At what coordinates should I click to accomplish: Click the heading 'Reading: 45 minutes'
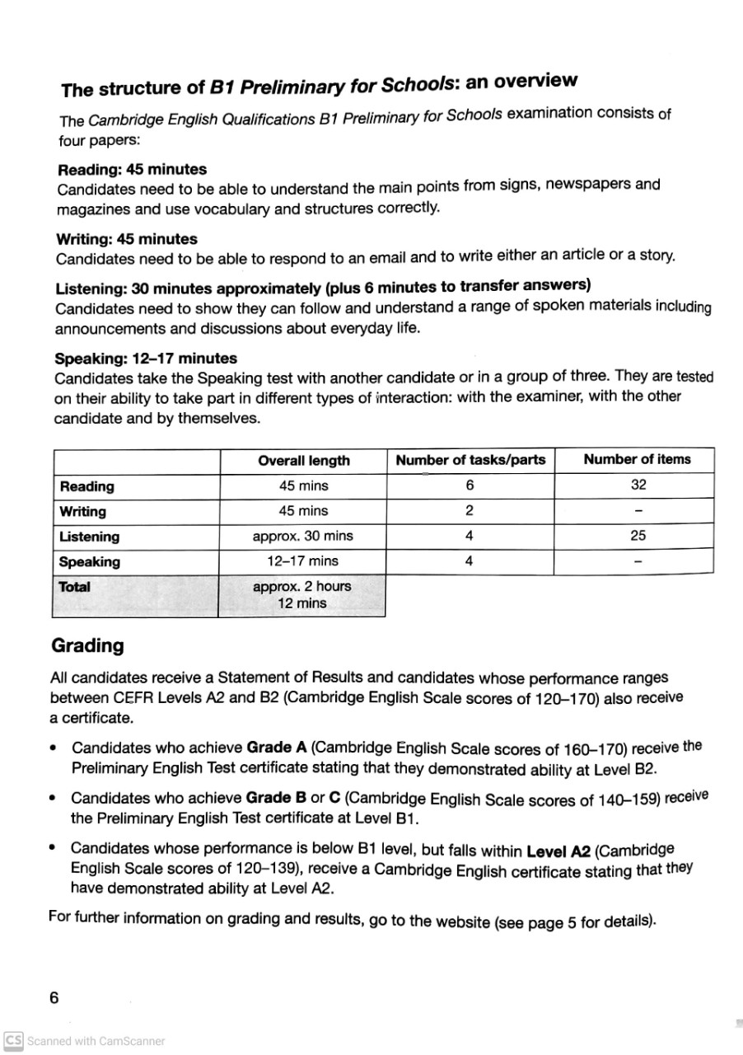[132, 170]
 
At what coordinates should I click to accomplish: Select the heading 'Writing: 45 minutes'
[127, 240]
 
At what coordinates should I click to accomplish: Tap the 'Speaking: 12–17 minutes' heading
[145, 359]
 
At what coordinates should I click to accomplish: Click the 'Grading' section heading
[86, 645]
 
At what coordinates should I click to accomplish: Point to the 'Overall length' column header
[303, 461]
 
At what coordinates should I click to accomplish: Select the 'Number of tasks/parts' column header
[470, 460]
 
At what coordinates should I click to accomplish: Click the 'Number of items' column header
[637, 459]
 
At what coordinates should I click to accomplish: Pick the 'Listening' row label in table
[89, 537]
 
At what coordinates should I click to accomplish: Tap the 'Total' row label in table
[75, 588]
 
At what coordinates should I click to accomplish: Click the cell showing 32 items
[638, 485]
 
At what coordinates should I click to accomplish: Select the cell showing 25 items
[638, 536]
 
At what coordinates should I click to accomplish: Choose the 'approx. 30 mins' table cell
[302, 536]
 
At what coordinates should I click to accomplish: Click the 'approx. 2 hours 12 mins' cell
[301, 595]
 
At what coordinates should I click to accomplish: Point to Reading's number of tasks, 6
[469, 485]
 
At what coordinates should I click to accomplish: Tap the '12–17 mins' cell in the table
[302, 561]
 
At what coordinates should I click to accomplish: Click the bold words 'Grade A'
[277, 748]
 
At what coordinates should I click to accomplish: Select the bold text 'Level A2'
[558, 850]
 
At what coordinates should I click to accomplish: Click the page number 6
[54, 998]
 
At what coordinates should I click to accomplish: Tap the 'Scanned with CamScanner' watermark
[85, 1041]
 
